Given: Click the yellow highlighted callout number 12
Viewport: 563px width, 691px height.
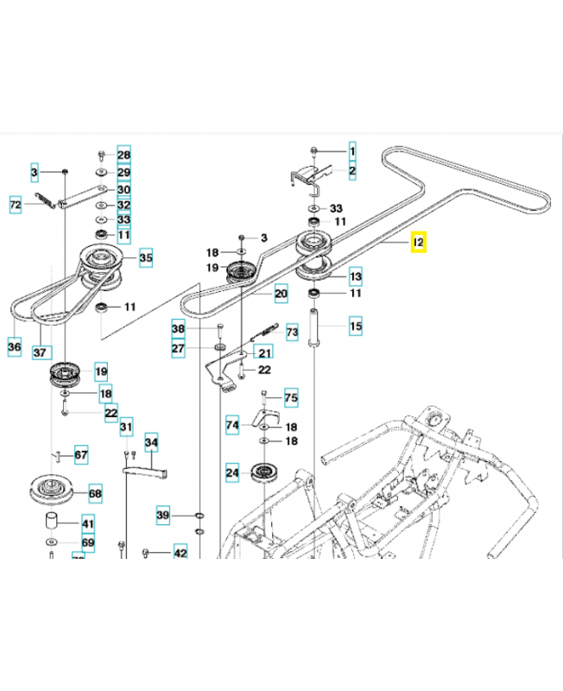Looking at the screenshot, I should coord(418,244).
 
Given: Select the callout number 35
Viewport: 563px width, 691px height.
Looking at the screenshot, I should coord(145,257).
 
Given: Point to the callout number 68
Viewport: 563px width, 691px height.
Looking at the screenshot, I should coord(95,495).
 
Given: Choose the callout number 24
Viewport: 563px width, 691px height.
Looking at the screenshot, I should coord(232,472).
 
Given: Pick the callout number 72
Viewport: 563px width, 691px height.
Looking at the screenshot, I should coord(16,205).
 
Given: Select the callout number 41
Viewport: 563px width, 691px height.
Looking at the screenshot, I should coord(88,523).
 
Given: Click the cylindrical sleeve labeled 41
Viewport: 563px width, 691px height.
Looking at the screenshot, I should coord(53,521).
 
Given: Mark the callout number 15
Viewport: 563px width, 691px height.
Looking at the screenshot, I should coord(356,326).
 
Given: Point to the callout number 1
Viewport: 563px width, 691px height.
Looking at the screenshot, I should coord(352,152).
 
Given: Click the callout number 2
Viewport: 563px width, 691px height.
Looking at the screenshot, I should coord(352,172).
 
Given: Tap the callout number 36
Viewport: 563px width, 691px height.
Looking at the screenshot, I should coord(14,347).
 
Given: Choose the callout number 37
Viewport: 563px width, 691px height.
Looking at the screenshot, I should coord(39,352).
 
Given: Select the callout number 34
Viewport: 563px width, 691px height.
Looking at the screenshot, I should coord(152,443).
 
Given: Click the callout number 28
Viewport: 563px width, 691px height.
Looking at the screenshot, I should coord(123,155).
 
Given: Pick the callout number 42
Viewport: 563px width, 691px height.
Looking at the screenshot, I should coord(180,553).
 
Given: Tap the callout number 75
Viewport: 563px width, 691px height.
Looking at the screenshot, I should coord(290,398).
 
